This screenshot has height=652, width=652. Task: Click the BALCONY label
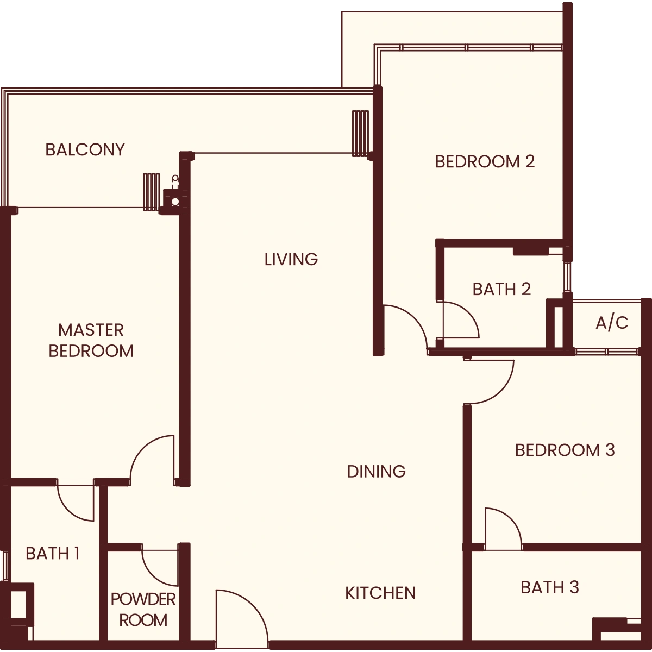point(85,150)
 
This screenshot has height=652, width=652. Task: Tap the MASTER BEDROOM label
point(91,340)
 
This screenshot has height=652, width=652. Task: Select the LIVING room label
point(291,260)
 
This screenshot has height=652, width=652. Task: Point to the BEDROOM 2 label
point(485,162)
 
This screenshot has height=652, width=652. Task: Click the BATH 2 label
point(502,289)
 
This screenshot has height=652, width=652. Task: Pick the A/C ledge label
point(612,323)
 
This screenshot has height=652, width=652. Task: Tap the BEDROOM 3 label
point(565,450)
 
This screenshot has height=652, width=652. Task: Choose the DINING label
point(377,472)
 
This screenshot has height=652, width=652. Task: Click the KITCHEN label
point(381,593)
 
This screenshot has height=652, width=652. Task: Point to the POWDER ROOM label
point(143,610)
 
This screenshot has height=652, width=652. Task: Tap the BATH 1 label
point(53,554)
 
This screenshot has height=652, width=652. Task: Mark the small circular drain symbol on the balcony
point(175,202)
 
